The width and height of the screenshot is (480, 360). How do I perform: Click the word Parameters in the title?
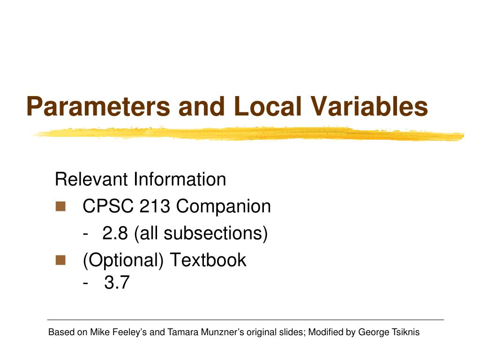coord(98,106)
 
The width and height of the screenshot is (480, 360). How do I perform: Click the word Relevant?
coord(92,179)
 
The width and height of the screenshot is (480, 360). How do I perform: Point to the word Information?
coord(180,179)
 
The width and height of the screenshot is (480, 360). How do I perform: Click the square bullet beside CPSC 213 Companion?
coord(60,206)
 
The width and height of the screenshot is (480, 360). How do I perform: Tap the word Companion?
coord(224,206)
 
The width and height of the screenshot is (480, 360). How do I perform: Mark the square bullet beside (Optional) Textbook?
coord(60,260)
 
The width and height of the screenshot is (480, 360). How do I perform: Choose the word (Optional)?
coord(123,260)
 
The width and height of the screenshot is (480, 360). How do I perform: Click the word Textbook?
coord(208,260)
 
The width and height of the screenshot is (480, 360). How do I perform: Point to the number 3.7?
coord(116,283)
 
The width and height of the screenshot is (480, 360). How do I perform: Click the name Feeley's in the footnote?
coord(129,332)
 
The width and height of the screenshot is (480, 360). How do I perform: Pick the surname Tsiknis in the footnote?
coord(404,332)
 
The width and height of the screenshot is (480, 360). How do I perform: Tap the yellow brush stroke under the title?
coord(248,134)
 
